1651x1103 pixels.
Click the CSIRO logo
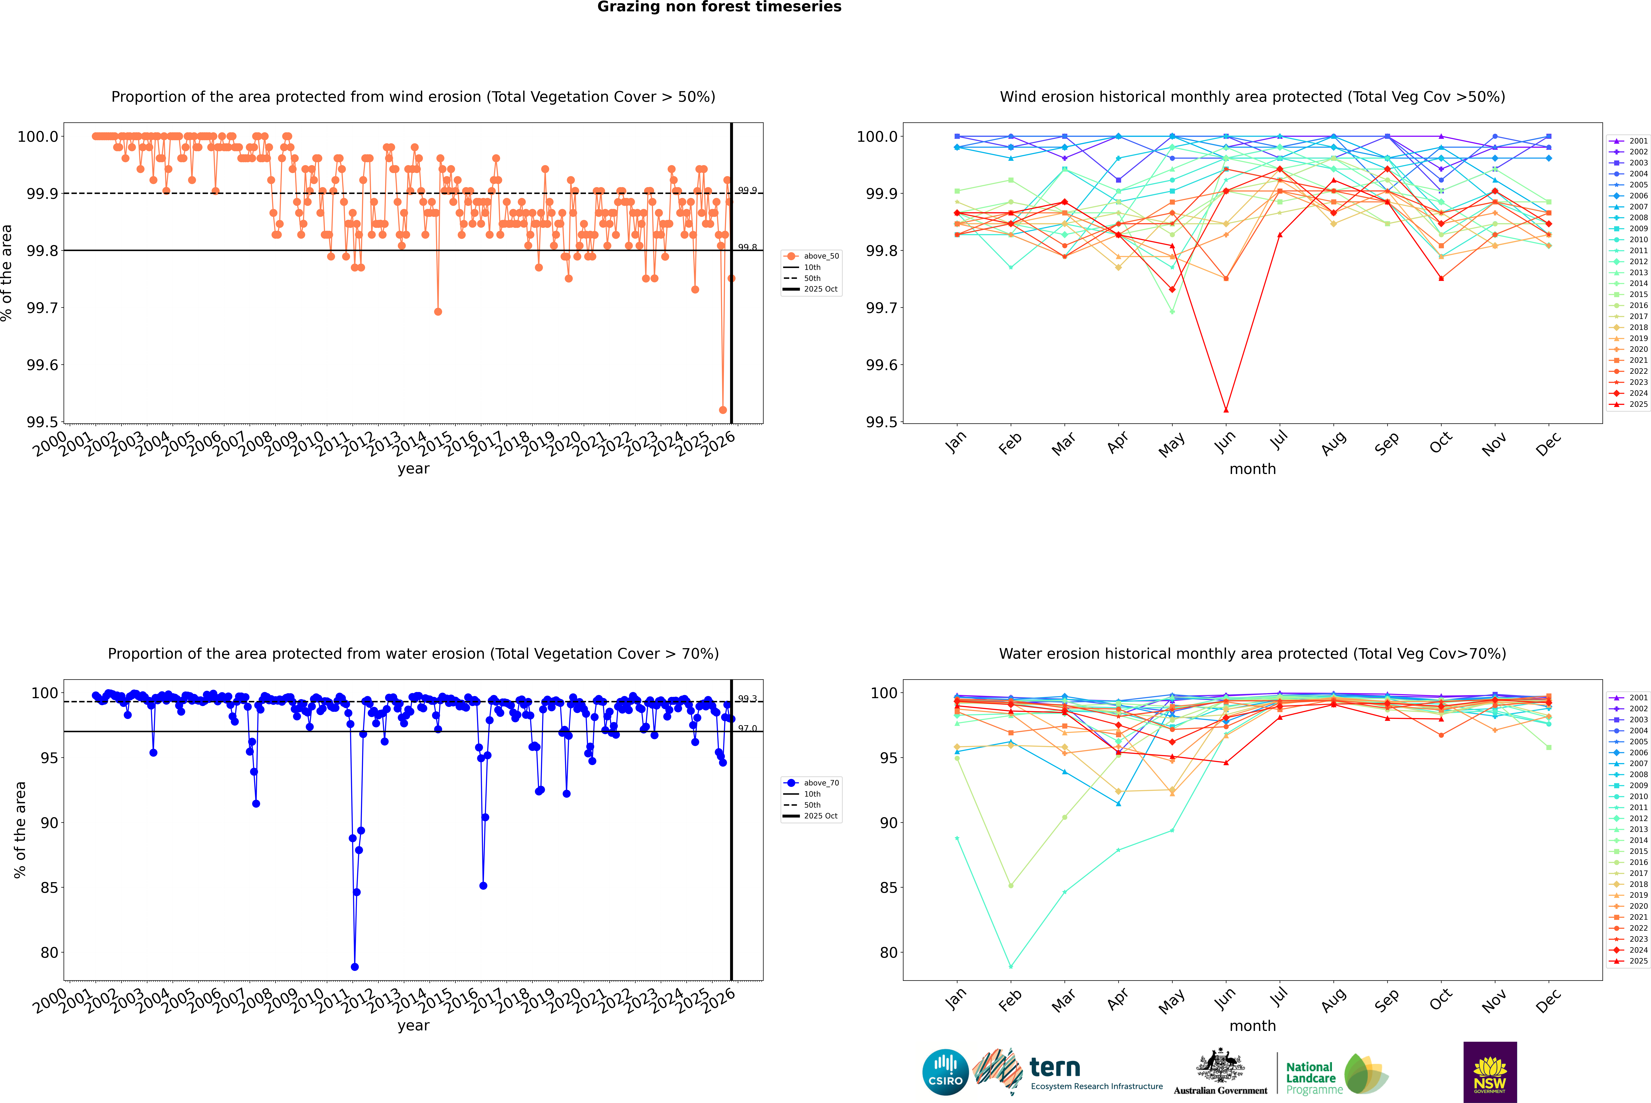coord(945,1072)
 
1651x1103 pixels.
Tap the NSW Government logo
coord(1490,1072)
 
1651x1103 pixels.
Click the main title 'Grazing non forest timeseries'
coord(719,7)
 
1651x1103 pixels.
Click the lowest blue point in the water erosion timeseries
coord(355,966)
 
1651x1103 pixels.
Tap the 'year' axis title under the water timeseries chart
coord(413,1026)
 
